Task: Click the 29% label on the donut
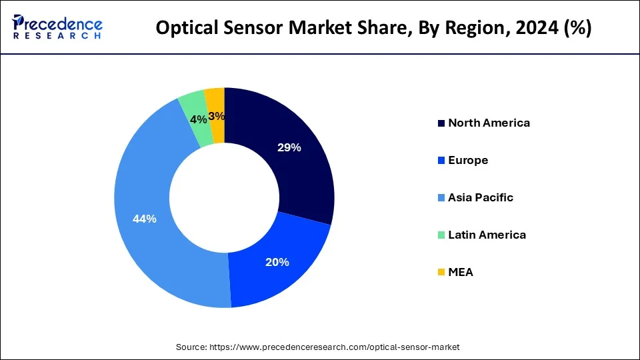tap(289, 148)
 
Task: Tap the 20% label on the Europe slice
tap(277, 262)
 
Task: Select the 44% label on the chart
tap(144, 219)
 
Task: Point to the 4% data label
tap(198, 120)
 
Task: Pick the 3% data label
tap(217, 116)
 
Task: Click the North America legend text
tap(489, 123)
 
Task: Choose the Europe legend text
tap(468, 160)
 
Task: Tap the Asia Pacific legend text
tap(481, 197)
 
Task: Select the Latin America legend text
tap(487, 235)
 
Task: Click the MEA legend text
tap(461, 272)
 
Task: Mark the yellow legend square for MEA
tap(441, 273)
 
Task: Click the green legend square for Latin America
tap(441, 235)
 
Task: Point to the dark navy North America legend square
tap(441, 123)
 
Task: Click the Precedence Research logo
tap(57, 27)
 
